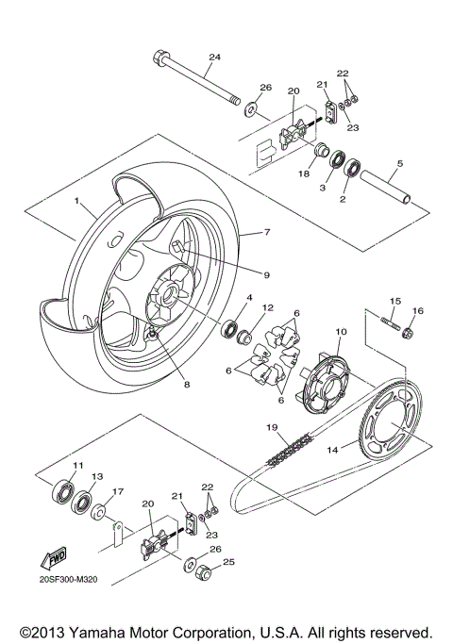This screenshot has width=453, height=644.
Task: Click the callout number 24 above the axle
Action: point(214,58)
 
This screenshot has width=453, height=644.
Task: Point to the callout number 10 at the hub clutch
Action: point(342,331)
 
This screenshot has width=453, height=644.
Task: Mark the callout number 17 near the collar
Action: point(118,490)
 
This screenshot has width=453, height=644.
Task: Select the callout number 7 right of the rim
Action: point(267,231)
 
